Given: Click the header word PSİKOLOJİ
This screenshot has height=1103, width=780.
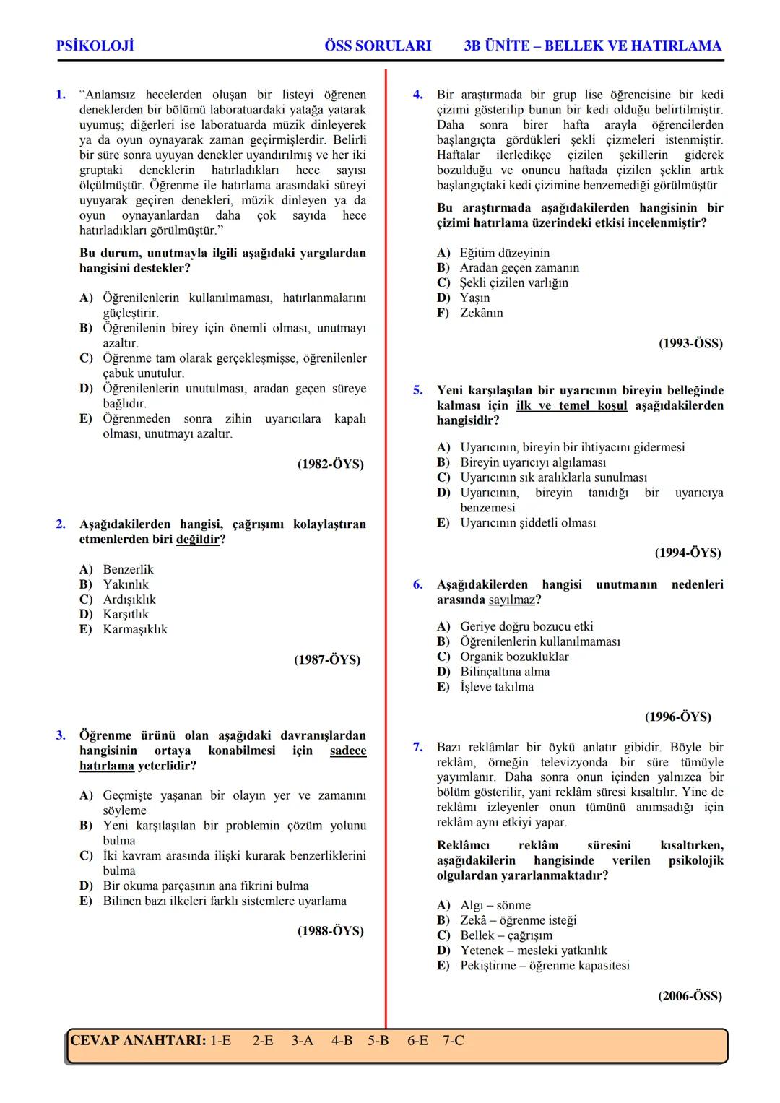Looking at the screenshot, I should point(95,46).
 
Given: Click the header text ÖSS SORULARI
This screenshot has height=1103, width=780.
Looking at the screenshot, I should point(378,46).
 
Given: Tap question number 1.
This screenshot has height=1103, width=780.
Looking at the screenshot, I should point(61,95).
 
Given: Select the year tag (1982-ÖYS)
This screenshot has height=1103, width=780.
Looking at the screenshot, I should point(330,464).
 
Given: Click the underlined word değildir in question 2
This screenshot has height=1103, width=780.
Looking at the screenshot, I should point(197,540).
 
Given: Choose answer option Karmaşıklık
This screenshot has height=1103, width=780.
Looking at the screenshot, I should point(134,629).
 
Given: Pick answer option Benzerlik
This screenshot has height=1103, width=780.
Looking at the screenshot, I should point(128,569).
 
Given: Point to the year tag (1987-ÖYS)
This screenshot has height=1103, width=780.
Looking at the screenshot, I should point(327,659).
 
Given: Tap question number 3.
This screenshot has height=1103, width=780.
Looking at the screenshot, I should point(61,735).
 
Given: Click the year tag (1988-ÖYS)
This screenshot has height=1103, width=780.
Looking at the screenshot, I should point(330,931).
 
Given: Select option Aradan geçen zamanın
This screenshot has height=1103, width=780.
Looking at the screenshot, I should point(519,268).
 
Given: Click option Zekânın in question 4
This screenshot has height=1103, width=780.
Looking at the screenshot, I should point(481,313).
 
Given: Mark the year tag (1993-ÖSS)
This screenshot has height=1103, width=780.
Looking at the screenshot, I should point(690,344).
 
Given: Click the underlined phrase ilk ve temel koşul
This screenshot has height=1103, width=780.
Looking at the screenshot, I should point(571,405).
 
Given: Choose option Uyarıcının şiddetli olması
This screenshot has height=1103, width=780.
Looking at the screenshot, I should point(528,523).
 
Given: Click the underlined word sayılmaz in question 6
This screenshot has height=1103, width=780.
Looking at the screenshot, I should point(511,600).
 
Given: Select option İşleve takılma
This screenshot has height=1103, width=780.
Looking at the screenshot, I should point(497,687).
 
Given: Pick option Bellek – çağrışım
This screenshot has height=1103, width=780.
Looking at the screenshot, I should point(506,935).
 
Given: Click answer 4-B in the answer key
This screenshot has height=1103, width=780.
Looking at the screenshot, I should point(342,1041).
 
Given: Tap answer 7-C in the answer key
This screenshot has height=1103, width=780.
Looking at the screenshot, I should point(453,1041).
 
